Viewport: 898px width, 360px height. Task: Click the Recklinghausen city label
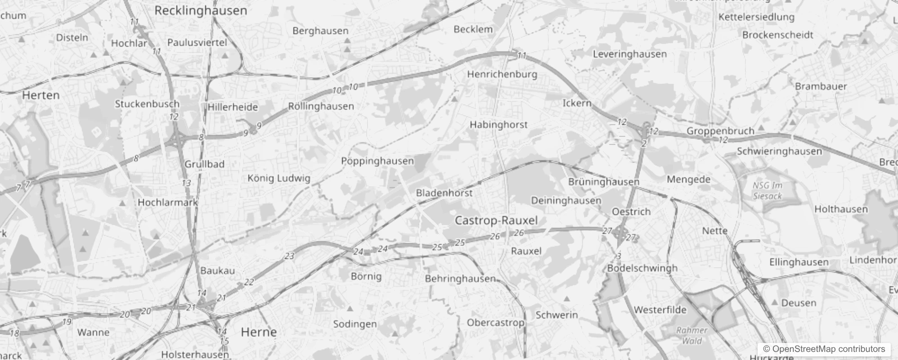coord(201,11)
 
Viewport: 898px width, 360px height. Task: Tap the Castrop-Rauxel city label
coord(496,220)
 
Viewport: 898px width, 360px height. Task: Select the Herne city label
coord(259,332)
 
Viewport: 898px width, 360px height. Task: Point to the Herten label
coord(41,95)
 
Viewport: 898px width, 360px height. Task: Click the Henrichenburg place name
coord(502,74)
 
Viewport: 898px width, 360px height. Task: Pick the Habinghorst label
coord(498,125)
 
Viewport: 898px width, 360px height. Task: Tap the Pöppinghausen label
coord(377,161)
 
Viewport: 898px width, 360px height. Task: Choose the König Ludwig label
coord(279,178)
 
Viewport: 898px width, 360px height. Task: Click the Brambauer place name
coord(821,86)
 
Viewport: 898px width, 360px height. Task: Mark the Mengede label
coord(688,180)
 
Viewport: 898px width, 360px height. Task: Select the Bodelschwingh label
coord(642,268)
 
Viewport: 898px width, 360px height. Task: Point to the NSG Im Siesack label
coord(768,191)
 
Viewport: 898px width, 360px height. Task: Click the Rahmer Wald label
coord(691,335)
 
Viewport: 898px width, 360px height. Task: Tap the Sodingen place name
coord(355,324)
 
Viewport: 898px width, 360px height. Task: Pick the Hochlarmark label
coord(167,202)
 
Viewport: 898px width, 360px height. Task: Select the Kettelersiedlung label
coord(756,17)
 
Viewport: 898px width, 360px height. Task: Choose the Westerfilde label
coord(660,310)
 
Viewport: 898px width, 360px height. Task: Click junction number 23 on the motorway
coord(289,256)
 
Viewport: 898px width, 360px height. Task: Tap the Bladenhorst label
coord(444,193)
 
